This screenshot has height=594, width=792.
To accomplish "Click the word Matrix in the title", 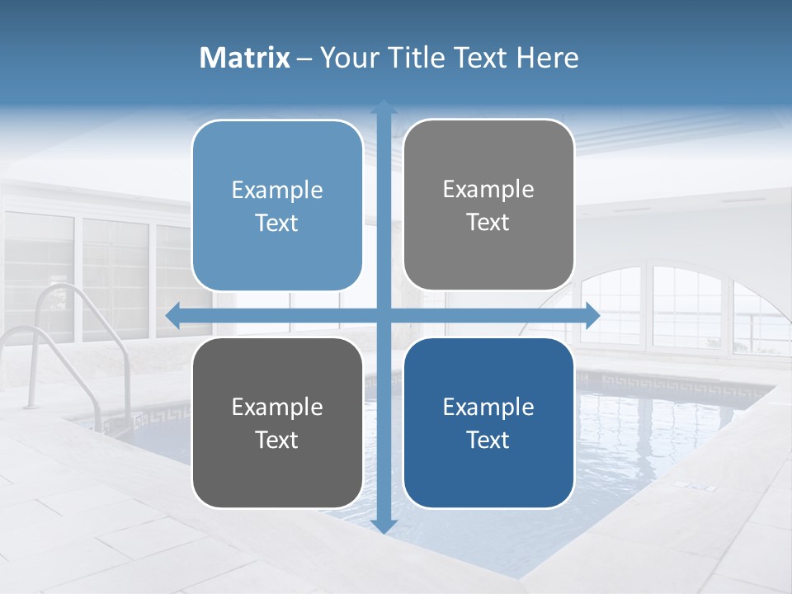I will click(x=245, y=58).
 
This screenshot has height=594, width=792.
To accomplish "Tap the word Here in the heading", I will click(x=547, y=58).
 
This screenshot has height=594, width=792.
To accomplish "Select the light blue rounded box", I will click(x=277, y=205).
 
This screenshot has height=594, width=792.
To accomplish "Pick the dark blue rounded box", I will click(x=488, y=423).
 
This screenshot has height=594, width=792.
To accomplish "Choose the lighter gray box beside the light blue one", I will click(x=488, y=205).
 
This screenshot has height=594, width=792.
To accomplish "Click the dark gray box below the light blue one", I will click(x=277, y=423).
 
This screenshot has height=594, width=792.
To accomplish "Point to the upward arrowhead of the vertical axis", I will click(x=384, y=108).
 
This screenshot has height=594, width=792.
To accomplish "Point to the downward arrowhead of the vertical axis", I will click(x=384, y=526).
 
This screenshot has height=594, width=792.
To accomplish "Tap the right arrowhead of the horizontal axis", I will click(x=592, y=316).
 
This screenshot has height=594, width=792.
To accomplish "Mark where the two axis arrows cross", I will click(x=384, y=316).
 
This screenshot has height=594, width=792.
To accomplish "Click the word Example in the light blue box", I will click(x=277, y=191).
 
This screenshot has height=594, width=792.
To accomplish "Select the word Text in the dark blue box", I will click(x=488, y=440).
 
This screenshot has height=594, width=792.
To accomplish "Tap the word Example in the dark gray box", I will click(x=277, y=407).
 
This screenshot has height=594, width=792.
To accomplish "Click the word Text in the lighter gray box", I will click(x=488, y=222).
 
